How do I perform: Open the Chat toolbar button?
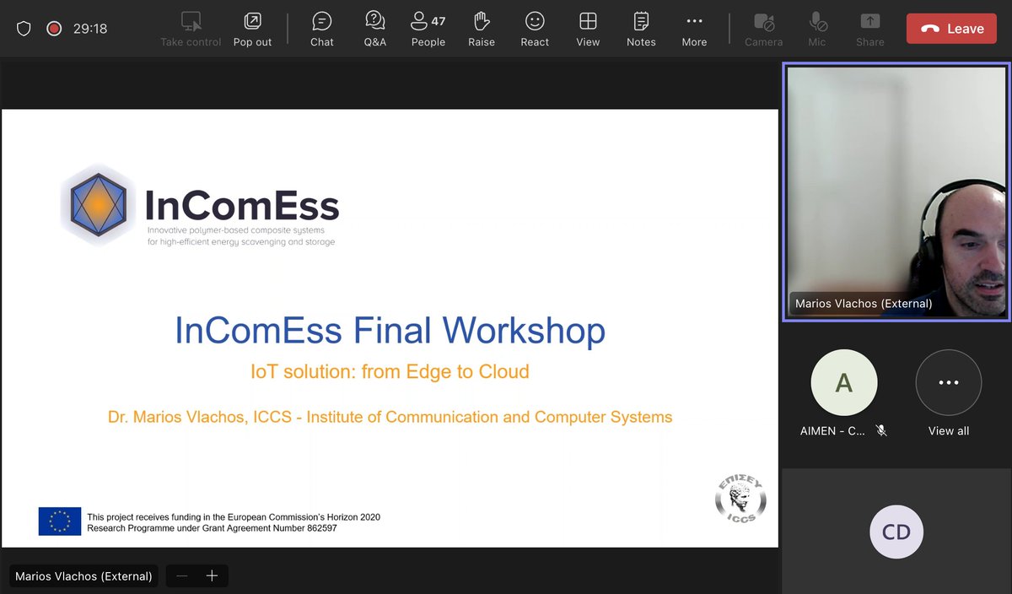click(321, 29)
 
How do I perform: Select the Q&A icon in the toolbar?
click(375, 29)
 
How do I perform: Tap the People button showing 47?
click(428, 29)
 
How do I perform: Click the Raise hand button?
click(482, 29)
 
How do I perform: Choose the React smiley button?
click(535, 29)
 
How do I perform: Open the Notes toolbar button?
click(641, 29)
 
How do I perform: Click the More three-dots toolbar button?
click(694, 29)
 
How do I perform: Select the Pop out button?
click(252, 29)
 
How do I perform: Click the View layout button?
click(588, 29)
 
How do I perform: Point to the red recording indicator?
click(54, 29)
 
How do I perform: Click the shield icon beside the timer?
click(24, 29)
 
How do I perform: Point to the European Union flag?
click(60, 521)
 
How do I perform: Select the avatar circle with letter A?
click(843, 383)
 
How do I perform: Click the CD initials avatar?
click(896, 532)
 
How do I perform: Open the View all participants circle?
click(948, 383)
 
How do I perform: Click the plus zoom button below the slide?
click(212, 576)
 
